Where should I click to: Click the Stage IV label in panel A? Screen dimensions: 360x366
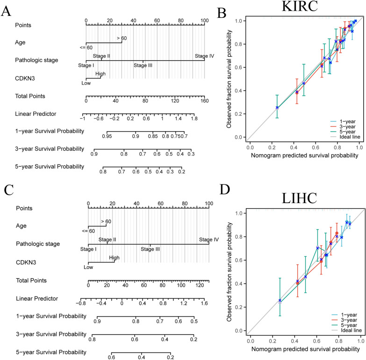(204, 56)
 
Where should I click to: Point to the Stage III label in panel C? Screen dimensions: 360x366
(151, 249)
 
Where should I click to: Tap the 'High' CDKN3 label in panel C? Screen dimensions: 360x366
(114, 257)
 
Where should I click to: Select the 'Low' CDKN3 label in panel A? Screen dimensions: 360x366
(86, 83)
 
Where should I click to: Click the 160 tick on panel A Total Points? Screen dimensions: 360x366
(204, 100)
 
